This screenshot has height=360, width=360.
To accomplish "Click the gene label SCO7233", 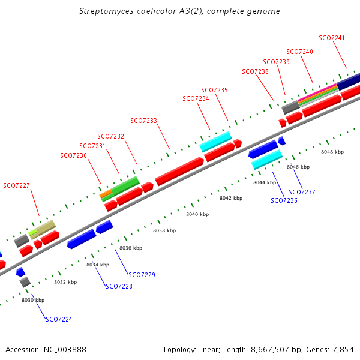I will (x=143, y=121).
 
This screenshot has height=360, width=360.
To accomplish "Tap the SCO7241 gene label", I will (x=332, y=38).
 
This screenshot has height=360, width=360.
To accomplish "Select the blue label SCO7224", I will (x=59, y=319).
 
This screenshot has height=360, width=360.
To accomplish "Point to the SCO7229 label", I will (x=142, y=275).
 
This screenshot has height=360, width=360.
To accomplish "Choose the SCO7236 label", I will (x=284, y=200).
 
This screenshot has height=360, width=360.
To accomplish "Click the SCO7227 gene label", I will (x=16, y=185).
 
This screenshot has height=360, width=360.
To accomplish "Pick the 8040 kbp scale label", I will (x=197, y=214).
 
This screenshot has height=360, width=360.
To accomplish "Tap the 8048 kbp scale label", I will (x=332, y=152).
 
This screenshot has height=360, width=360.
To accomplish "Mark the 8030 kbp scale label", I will (x=33, y=300).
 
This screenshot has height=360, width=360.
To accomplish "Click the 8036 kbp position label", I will (x=131, y=248).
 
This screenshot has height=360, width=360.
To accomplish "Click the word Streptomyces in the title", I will (x=106, y=11).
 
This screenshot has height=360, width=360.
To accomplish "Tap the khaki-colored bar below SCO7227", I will (x=45, y=227).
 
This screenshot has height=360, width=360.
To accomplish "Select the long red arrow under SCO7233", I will (x=179, y=171).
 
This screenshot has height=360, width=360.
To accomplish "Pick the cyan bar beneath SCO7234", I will (x=216, y=142).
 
